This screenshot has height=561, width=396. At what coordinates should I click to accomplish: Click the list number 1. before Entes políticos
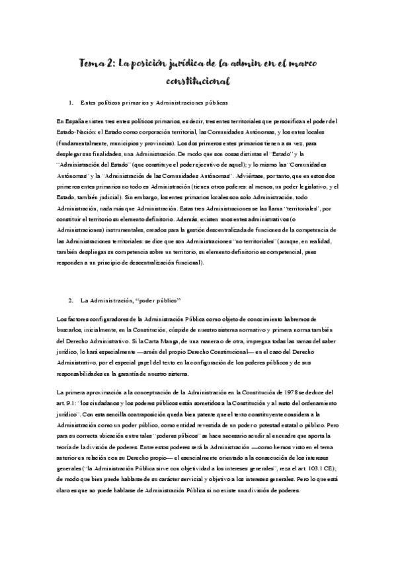click(x=71, y=104)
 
